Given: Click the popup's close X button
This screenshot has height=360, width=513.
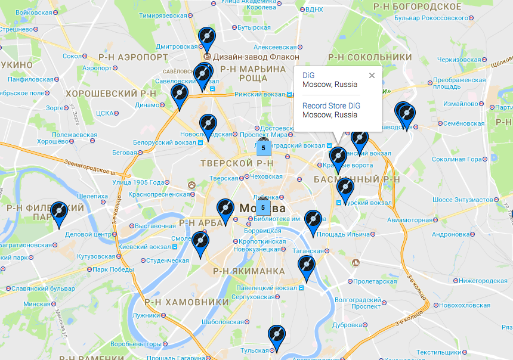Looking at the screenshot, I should click(x=372, y=76).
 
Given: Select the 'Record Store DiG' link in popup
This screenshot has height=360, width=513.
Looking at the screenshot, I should click(x=331, y=105).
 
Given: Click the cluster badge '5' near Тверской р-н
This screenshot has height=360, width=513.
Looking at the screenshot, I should click(x=263, y=147).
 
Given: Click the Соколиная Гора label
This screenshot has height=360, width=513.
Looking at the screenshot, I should click(x=456, y=159).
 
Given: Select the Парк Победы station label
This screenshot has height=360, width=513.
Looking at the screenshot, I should click(x=113, y=269).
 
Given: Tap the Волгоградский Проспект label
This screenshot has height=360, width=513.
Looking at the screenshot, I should click(x=357, y=303).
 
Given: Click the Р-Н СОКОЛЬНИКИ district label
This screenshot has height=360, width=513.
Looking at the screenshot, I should click(x=370, y=57).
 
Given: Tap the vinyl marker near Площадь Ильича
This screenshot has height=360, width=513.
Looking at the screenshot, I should click(x=313, y=221).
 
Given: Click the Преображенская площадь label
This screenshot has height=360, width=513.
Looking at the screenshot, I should click(x=457, y=83).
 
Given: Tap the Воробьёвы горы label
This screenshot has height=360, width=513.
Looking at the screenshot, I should click(x=135, y=344).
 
